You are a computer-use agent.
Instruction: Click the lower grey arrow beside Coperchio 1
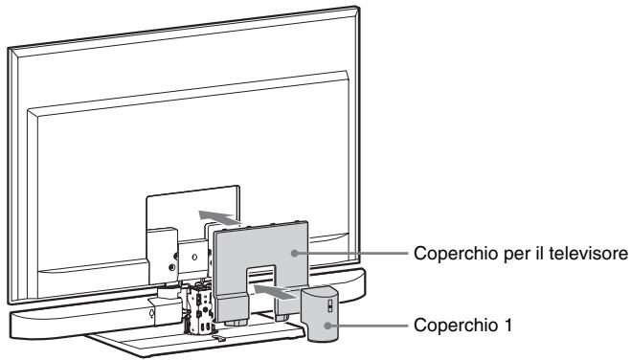[278, 286]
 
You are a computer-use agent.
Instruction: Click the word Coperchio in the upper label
[444, 256]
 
